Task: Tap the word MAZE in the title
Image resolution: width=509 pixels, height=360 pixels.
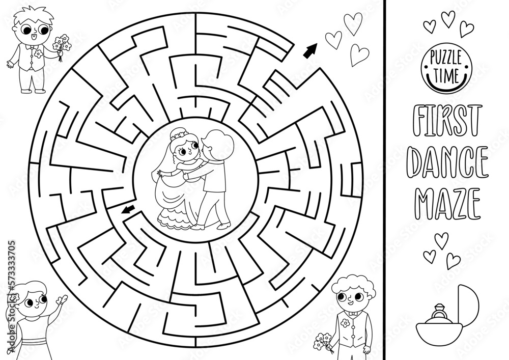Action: pos(448,203)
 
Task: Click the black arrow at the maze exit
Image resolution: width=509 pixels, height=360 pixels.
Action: pos(310,51)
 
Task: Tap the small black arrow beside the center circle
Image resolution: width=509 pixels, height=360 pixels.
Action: pos(128,209)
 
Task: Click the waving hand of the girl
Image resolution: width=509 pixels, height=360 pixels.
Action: pos(62,299)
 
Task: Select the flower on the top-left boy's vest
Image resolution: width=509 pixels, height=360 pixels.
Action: pos(38,53)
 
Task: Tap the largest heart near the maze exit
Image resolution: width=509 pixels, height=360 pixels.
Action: pos(353,23)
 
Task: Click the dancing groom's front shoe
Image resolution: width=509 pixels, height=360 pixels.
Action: pos(224,225)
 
